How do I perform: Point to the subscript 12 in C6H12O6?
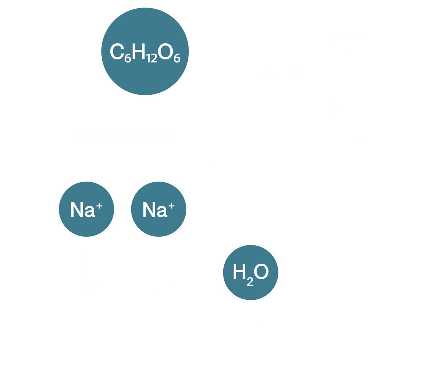(152, 58)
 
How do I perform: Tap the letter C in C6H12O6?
(116, 52)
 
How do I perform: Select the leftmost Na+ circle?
(86, 210)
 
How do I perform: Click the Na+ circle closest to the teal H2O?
(158, 210)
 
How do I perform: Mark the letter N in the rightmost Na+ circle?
(150, 210)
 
